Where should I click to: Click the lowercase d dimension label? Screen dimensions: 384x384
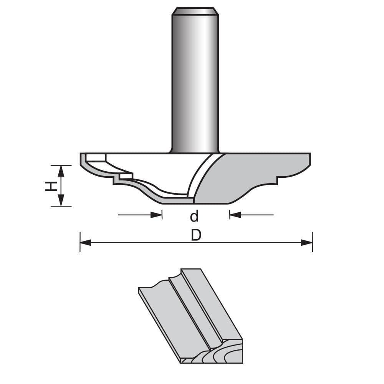pyautogui.click(x=195, y=217)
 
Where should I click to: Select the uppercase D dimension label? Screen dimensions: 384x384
pyautogui.click(x=196, y=235)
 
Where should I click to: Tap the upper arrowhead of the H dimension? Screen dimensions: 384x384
pyautogui.click(x=61, y=170)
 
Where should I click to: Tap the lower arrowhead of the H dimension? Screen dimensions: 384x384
pyautogui.click(x=61, y=201)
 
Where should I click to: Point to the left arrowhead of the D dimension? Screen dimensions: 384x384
pyautogui.click(x=85, y=242)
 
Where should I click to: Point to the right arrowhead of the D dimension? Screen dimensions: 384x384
pyautogui.click(x=307, y=242)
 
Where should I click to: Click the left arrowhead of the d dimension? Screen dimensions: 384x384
pyautogui.click(x=157, y=215)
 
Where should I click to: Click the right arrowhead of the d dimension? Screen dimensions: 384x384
pyautogui.click(x=235, y=215)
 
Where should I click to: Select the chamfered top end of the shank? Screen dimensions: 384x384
pyautogui.click(x=195, y=11)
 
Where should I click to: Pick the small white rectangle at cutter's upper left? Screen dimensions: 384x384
pyautogui.click(x=96, y=157)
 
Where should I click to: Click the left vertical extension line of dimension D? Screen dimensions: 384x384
pyautogui.click(x=80, y=242)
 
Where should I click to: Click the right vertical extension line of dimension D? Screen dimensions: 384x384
pyautogui.click(x=313, y=242)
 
